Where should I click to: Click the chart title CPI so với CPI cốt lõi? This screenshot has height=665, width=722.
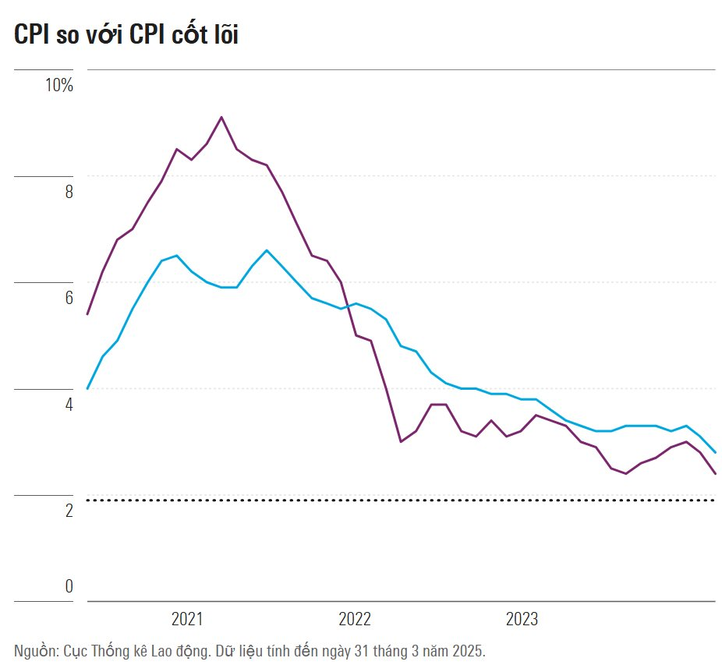tap(126, 34)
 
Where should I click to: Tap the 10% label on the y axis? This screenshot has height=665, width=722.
tap(58, 85)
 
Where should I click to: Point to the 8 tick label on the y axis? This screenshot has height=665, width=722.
tap(69, 192)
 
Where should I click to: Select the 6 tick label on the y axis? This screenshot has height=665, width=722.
tap(69, 298)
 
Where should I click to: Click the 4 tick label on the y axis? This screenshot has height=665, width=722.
tap(69, 405)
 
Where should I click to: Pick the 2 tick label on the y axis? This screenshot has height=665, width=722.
tap(69, 511)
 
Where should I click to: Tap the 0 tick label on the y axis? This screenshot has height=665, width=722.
tap(69, 586)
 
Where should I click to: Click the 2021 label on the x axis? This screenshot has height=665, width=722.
tap(187, 620)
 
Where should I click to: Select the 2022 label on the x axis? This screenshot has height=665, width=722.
tap(355, 620)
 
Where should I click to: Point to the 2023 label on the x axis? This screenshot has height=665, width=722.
tap(522, 620)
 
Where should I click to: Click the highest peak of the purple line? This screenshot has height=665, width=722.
tap(221, 117)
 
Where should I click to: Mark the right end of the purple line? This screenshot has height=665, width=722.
tap(715, 473)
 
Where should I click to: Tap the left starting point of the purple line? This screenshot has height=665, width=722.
tap(87, 314)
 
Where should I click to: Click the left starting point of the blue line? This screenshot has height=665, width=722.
tap(87, 388)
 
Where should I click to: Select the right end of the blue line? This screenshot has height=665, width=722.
tap(715, 452)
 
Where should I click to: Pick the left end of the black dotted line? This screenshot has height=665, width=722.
tap(88, 500)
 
